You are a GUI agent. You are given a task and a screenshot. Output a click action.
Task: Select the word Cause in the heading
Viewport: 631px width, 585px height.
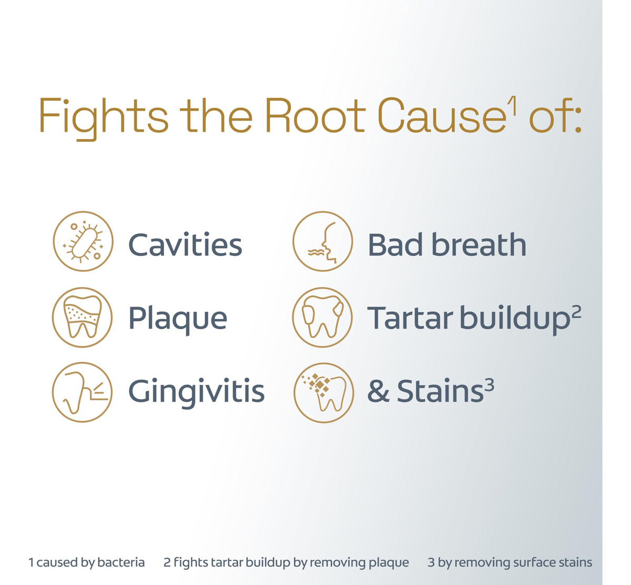442,115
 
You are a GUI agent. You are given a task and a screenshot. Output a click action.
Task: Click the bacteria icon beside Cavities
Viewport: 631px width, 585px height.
83,241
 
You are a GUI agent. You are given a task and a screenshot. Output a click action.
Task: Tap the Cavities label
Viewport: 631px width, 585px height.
185,244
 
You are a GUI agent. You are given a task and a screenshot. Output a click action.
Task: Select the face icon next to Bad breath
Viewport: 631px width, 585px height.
323,241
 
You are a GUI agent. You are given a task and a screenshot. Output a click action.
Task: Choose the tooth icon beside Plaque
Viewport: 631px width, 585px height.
83,318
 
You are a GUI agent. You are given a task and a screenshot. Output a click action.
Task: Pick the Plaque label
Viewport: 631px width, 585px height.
178,319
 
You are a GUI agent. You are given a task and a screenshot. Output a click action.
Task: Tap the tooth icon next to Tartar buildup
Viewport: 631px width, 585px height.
322,318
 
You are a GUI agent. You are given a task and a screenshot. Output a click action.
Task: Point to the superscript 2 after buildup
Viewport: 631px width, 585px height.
576,312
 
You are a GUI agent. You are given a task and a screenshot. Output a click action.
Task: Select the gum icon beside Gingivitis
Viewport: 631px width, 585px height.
82,392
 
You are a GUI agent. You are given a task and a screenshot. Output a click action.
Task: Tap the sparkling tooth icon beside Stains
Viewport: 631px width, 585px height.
324,393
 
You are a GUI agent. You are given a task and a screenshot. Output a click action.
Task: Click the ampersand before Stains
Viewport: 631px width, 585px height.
378,391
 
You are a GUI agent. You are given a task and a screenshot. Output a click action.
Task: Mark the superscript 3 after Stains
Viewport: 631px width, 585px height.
490,385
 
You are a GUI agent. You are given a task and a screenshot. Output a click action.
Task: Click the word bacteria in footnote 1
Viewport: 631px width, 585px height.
121,562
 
